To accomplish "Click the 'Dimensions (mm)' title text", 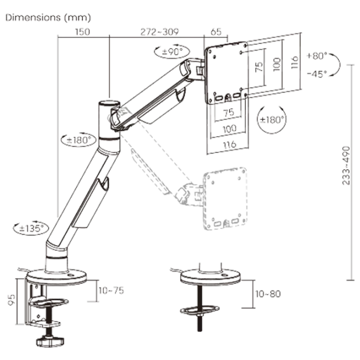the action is pos(48,17).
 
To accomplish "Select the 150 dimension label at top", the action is pos(82,32).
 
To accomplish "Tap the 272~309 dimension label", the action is pos(160,32).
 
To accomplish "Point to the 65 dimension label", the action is pos(216,32).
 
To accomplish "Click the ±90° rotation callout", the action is pos(172,51).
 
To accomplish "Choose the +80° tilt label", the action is pos(317,56).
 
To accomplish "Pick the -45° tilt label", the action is pos(317,74).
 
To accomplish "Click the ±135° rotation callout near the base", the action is pos(31,228).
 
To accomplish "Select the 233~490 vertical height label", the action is pos(346,166).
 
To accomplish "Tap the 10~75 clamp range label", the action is pos(112,290).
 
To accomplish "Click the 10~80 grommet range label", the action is pos(268,294).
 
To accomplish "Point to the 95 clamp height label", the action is pos(11,300).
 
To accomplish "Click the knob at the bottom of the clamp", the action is pos(50,341).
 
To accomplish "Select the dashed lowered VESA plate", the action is pos(225,199).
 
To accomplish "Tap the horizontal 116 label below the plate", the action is pos(230,145).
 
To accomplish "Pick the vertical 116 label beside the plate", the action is pos(295,62).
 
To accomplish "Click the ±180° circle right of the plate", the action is pos(272,119).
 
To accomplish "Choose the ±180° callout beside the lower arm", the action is pos(79,140).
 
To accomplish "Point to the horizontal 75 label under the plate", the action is pos(229,113).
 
